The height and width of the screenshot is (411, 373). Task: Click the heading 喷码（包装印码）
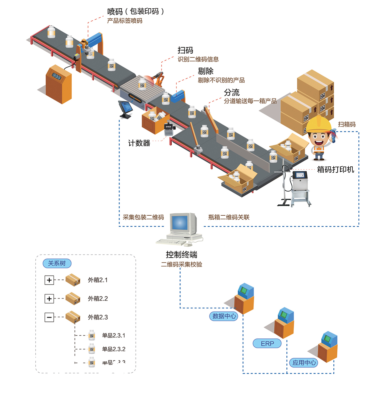click(x=136, y=11)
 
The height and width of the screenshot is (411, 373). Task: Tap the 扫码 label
click(x=185, y=50)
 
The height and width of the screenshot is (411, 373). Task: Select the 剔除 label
click(x=205, y=71)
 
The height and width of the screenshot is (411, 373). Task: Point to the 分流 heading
click(x=231, y=92)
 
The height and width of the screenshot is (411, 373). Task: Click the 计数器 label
click(x=139, y=143)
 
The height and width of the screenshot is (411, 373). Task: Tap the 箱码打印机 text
click(x=335, y=169)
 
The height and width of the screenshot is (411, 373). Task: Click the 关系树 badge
click(x=57, y=263)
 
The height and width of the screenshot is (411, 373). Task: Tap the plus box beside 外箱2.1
click(x=49, y=280)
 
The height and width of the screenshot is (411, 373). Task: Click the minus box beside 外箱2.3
click(x=49, y=317)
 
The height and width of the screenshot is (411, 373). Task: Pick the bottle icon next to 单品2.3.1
click(x=92, y=335)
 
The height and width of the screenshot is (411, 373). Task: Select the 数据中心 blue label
click(x=224, y=316)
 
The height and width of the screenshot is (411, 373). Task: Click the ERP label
click(x=267, y=343)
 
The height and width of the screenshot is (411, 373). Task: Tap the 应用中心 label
click(x=304, y=363)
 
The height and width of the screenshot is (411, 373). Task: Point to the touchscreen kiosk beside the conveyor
click(x=125, y=108)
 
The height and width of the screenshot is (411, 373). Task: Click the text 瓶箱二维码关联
click(x=229, y=217)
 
